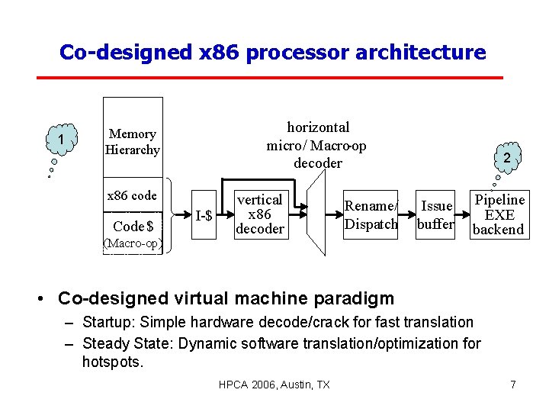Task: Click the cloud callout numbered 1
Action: pyautogui.click(x=60, y=140)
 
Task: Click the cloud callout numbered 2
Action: pyautogui.click(x=506, y=157)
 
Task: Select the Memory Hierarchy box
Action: pyautogui.click(x=133, y=142)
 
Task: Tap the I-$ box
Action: pyautogui.click(x=204, y=216)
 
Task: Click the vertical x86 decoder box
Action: pyautogui.click(x=259, y=214)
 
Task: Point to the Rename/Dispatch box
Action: pyautogui.click(x=371, y=214)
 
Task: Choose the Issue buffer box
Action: pyautogui.click(x=437, y=214)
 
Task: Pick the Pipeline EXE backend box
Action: pyautogui.click(x=499, y=214)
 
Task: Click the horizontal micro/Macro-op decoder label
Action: pyautogui.click(x=317, y=145)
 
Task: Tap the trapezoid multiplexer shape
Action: pyautogui.click(x=320, y=214)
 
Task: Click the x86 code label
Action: pyautogui.click(x=133, y=196)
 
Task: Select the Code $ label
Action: pyautogui.click(x=133, y=226)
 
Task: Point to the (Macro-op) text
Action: pyautogui.click(x=133, y=243)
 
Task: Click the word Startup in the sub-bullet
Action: pyautogui.click(x=104, y=323)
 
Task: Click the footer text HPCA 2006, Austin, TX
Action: pyautogui.click(x=274, y=385)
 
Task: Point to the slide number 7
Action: pyautogui.click(x=513, y=385)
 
